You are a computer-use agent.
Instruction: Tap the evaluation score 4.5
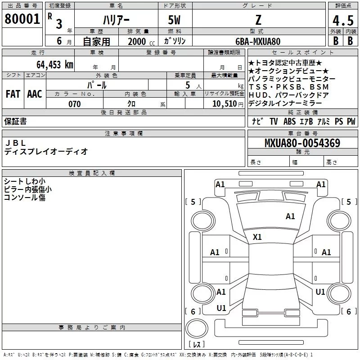(x=342, y=21)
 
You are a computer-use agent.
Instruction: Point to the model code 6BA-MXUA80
(x=258, y=41)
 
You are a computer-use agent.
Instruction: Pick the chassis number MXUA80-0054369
(x=302, y=143)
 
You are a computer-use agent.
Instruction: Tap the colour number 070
(x=74, y=104)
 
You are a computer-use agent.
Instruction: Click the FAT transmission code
(x=13, y=94)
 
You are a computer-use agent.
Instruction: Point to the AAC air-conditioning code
(x=34, y=94)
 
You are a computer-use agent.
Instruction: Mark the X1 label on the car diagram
(x=257, y=237)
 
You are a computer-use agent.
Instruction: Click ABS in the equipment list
(x=290, y=121)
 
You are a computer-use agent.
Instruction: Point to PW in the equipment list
(x=351, y=121)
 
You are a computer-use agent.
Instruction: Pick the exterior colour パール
(x=97, y=85)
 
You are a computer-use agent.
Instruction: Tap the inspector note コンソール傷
(x=25, y=198)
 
